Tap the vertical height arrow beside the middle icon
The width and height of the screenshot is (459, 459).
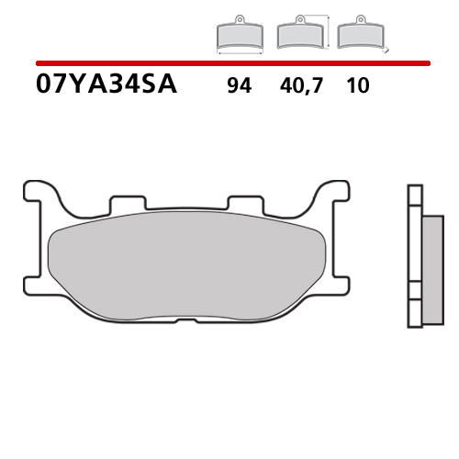[328, 30]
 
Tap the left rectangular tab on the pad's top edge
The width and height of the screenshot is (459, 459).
[126, 204]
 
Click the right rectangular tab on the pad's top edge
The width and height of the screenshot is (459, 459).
[242, 204]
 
